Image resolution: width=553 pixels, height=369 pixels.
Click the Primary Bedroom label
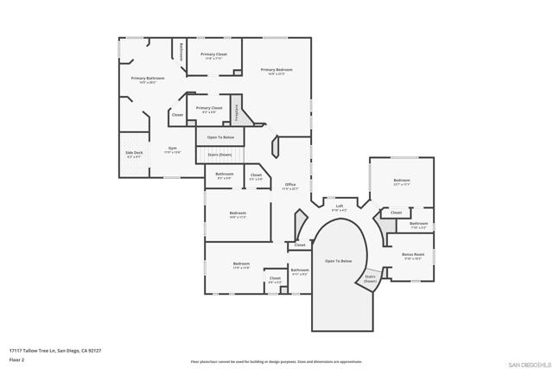277,70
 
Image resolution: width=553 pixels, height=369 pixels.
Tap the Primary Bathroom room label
148,79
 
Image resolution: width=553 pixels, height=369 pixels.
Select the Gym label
173,149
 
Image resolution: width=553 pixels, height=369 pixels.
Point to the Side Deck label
134,154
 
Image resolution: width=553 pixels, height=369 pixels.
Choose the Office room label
290,185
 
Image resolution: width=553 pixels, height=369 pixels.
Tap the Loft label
340,207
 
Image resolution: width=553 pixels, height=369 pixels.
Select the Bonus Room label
412,255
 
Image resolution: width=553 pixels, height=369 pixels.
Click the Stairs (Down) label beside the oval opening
370,278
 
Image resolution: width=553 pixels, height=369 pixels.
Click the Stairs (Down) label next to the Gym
219,154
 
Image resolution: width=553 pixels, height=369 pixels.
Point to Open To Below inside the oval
338,261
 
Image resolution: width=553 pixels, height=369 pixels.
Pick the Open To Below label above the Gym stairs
221,137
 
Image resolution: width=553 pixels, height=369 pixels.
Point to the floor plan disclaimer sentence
276,360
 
